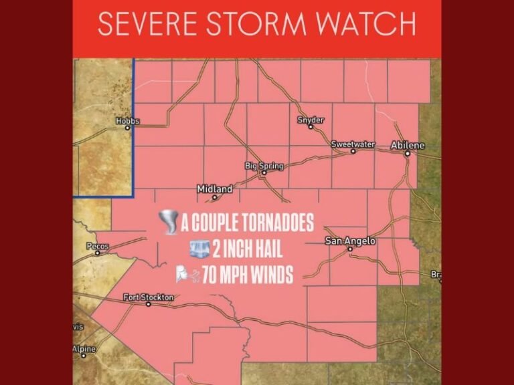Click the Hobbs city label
point(127,121)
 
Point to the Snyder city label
point(311,120)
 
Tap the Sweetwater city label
point(353,144)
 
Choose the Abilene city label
point(408,145)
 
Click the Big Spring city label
point(264,165)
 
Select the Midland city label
point(214,189)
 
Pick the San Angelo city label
point(350,241)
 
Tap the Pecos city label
point(98,246)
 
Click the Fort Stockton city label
point(148,297)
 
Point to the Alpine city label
point(84,349)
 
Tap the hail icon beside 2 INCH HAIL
point(199,249)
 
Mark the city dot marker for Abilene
point(407,154)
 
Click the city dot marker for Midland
point(214,197)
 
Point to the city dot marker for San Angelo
point(349,249)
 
